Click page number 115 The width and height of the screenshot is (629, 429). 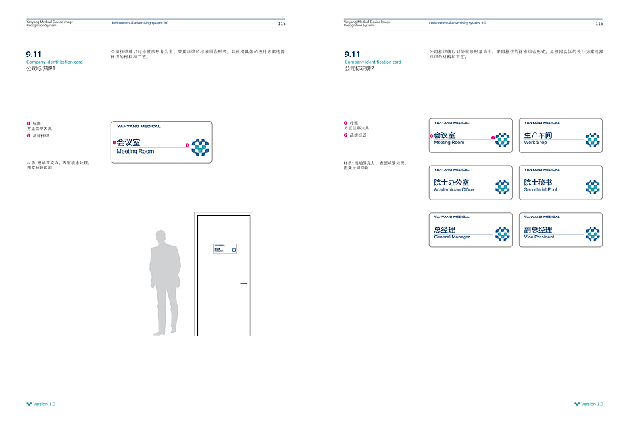pos(282,23)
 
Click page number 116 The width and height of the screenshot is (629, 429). pos(599,23)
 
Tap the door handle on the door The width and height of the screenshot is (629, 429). pos(243,284)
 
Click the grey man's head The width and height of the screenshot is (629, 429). pos(160,237)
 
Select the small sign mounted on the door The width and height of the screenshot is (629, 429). pos(224,248)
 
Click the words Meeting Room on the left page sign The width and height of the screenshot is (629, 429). pos(136,152)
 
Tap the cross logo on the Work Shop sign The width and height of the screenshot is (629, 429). pos(593,139)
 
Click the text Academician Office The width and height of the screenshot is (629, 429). pos(453,190)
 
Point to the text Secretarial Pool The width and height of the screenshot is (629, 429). pos(540,190)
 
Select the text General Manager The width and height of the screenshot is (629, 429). pos(452,237)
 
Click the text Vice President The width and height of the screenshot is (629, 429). pos(539,237)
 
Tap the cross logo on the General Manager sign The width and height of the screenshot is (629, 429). pos(503,234)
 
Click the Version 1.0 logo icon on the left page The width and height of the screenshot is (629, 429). pos(29,404)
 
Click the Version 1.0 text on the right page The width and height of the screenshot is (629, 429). pos(592,404)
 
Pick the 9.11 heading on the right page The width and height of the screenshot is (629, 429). pos(352,54)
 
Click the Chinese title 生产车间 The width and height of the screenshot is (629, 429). pos(538,135)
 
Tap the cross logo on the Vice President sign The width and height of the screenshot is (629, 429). pos(593,234)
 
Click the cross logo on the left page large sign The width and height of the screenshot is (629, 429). pos(200,147)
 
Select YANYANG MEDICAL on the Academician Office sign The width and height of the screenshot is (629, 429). pos(451,169)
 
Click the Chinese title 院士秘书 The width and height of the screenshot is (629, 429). pos(538,183)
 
